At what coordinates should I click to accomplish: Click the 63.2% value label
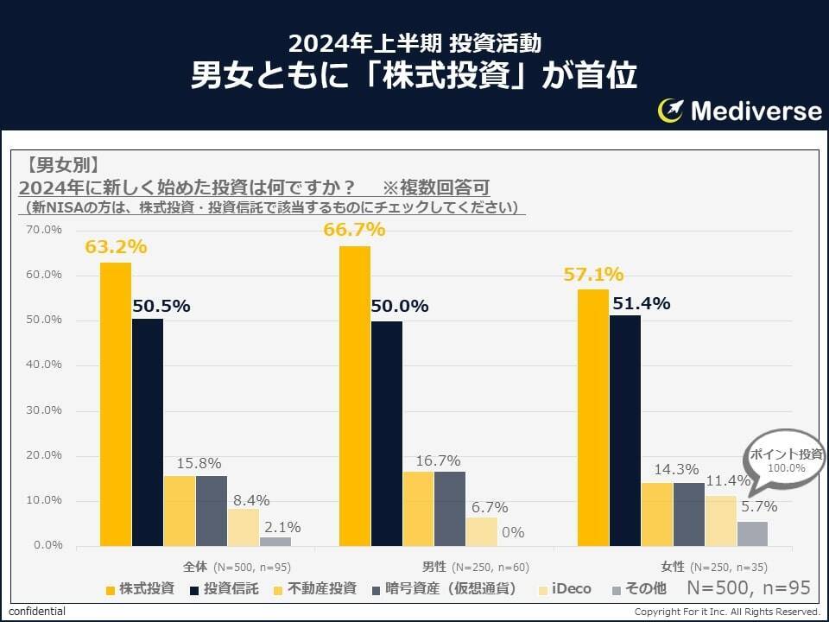pos(116,247)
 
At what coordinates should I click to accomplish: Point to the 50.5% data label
pos(161,306)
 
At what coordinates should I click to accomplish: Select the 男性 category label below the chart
pos(434,567)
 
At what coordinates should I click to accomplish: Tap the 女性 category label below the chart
pos(673,567)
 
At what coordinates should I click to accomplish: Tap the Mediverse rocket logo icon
pos(671,111)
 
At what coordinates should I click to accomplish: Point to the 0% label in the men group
pos(513,532)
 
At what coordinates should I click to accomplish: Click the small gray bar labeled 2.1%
pos(275,542)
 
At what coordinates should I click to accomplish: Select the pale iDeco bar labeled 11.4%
pos(721,521)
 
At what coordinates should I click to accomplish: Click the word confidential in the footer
pos(36,612)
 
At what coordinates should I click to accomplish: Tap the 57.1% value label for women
pos(593,275)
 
